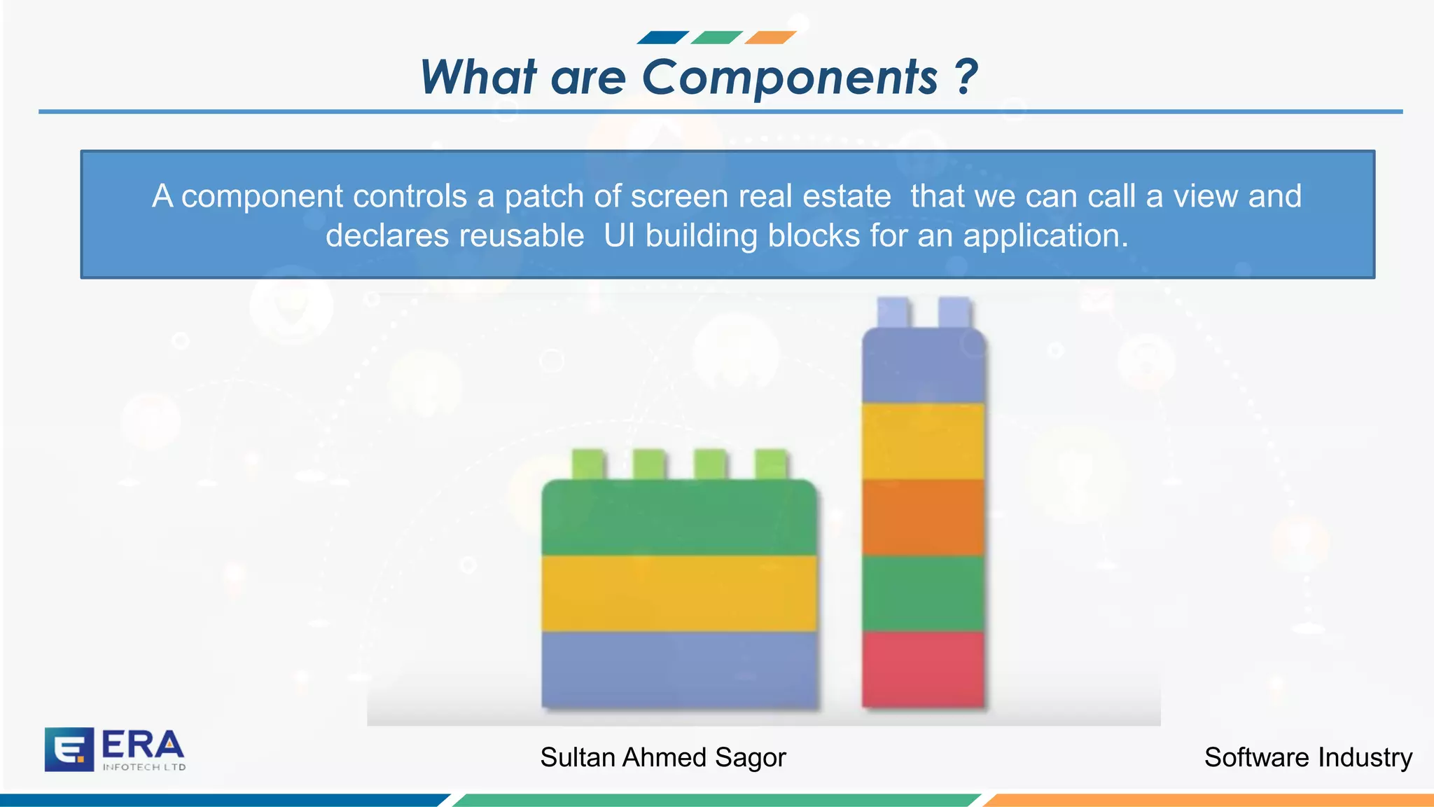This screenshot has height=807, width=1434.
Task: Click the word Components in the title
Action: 789,77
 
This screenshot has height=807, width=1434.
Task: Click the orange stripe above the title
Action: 770,37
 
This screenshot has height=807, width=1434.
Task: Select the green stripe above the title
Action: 716,37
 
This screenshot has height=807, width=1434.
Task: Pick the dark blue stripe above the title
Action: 662,37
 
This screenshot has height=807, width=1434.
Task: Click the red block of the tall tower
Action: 923,669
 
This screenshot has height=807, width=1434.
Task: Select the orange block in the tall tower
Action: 923,517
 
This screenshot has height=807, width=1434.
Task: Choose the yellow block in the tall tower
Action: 923,441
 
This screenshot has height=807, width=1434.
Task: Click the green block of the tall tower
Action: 923,593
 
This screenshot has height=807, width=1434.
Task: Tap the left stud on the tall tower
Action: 893,312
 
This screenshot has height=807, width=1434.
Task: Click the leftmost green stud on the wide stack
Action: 587,464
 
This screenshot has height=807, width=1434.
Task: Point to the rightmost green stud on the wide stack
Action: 771,464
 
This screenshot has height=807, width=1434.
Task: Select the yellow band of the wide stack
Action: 679,593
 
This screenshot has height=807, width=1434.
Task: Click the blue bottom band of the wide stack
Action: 679,669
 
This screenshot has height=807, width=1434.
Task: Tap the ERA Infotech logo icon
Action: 69,749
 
